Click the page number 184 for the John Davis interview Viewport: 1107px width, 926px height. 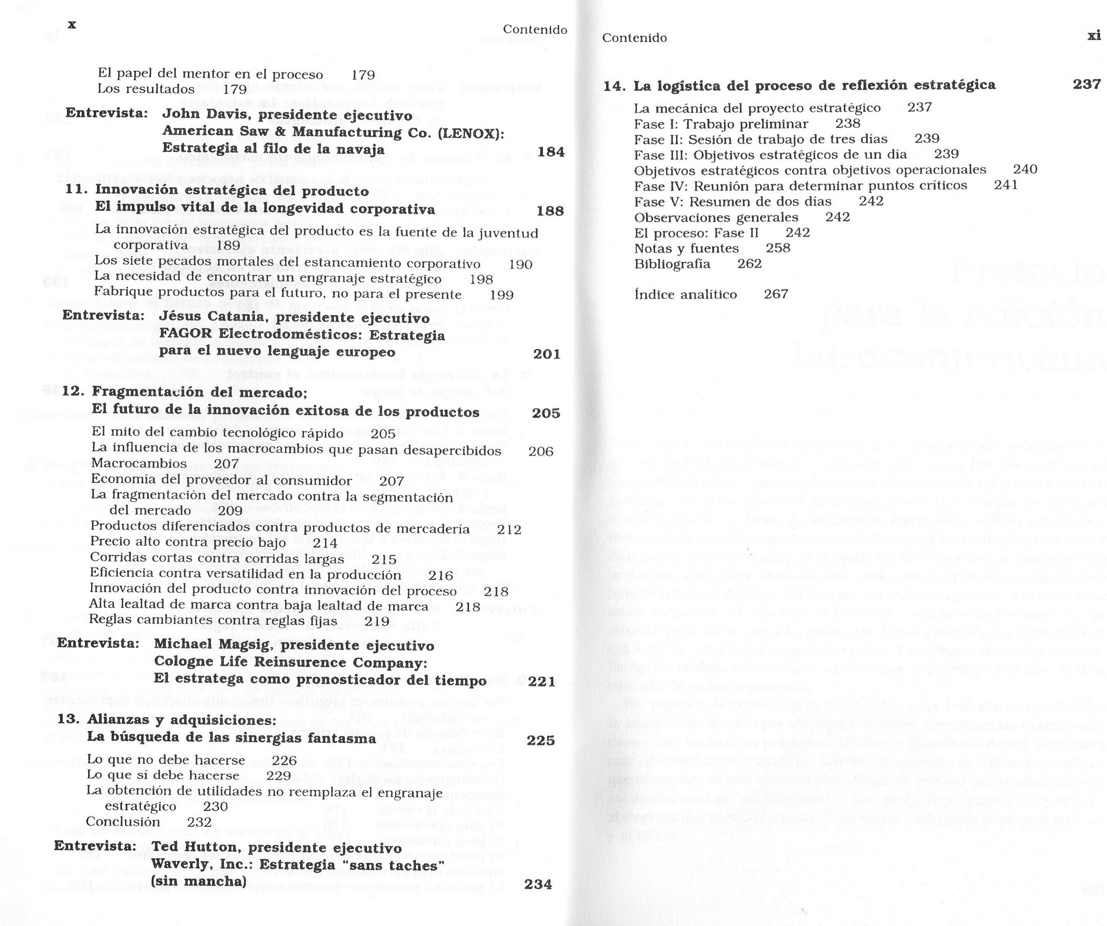(x=551, y=152)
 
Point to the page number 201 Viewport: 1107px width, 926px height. (x=547, y=354)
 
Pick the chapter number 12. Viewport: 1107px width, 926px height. (x=73, y=392)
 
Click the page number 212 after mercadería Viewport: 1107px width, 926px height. (x=509, y=530)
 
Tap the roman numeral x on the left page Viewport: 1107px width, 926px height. (x=72, y=24)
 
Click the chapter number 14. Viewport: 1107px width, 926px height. (x=614, y=86)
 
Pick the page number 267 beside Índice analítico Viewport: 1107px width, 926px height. (x=776, y=294)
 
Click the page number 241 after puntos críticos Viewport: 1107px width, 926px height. (x=1006, y=185)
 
